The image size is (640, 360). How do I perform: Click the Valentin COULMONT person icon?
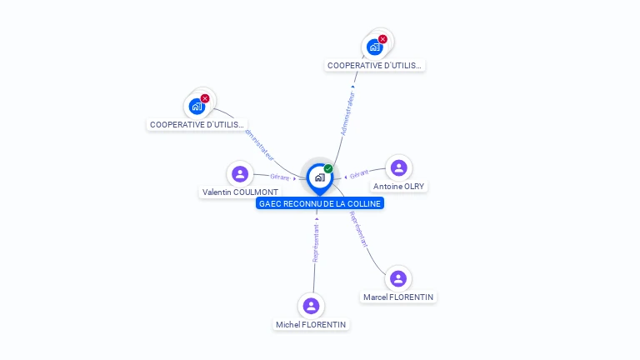(x=240, y=174)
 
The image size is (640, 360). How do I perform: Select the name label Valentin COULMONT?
(x=240, y=192)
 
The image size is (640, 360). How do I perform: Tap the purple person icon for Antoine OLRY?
(x=398, y=167)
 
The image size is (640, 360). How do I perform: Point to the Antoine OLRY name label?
(x=398, y=186)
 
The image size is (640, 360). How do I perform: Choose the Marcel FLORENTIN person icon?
(x=397, y=278)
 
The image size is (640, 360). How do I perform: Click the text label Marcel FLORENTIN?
(x=398, y=297)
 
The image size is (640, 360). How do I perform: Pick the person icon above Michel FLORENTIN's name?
(x=311, y=306)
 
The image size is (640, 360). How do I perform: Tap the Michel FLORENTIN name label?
(x=311, y=325)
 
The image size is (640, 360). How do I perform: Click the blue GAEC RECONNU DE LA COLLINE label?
(x=320, y=203)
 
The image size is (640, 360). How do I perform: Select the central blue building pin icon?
(x=319, y=177)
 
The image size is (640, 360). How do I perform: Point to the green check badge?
(x=328, y=169)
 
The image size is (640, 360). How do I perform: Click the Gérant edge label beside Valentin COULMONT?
(x=279, y=177)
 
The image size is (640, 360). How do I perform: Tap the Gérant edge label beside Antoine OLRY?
(x=359, y=174)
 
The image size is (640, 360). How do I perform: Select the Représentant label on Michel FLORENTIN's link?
(x=316, y=242)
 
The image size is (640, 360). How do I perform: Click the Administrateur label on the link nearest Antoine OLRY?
(x=347, y=113)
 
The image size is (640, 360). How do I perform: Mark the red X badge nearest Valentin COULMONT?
(x=205, y=98)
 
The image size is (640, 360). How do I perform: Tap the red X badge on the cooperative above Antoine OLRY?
(x=382, y=39)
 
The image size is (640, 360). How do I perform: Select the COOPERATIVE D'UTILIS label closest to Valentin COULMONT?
(x=197, y=125)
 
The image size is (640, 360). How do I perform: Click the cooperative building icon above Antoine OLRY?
(x=374, y=47)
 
